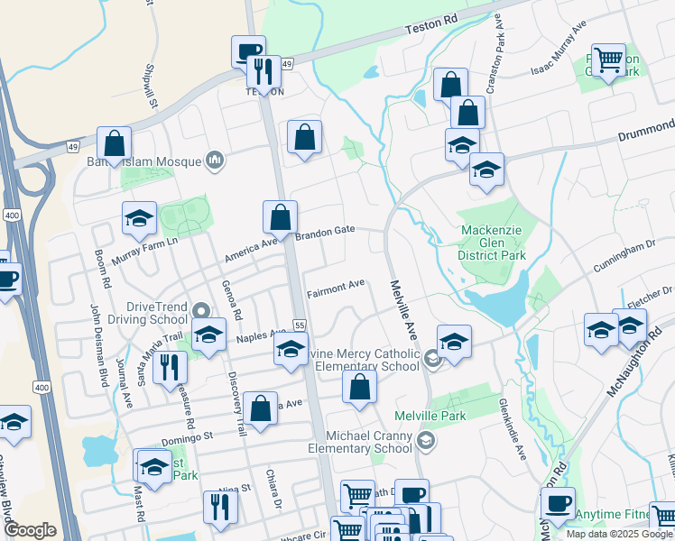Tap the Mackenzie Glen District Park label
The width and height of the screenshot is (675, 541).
[493, 243]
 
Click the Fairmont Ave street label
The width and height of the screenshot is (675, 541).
[336, 288]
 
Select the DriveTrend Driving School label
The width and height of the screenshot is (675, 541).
[145, 312]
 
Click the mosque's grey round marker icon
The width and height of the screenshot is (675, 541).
[214, 160]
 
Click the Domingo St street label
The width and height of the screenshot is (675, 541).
[188, 434]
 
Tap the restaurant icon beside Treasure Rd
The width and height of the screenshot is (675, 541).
[169, 367]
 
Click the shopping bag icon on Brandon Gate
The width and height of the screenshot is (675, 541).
[280, 216]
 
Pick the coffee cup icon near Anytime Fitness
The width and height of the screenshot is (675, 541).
[557, 503]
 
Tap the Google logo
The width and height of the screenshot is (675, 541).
[31, 530]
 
